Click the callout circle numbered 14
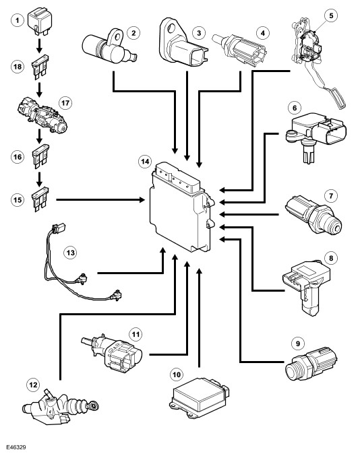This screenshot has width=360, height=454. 145,161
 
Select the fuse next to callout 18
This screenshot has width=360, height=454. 40,67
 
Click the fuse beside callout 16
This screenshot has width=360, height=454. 40,157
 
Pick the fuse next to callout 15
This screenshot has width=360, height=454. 40,199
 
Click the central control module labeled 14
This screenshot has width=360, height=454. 182,207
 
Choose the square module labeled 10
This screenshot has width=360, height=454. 199,397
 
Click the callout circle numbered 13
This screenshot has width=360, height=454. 70,253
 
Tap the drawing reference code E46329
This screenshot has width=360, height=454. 16,447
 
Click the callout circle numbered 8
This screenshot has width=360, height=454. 331,258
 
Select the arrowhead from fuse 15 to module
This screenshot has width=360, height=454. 142,199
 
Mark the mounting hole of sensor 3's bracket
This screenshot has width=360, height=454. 171,28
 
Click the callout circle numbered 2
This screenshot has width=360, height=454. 133,33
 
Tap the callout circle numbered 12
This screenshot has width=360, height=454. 33,385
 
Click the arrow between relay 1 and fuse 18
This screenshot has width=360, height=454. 39,45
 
